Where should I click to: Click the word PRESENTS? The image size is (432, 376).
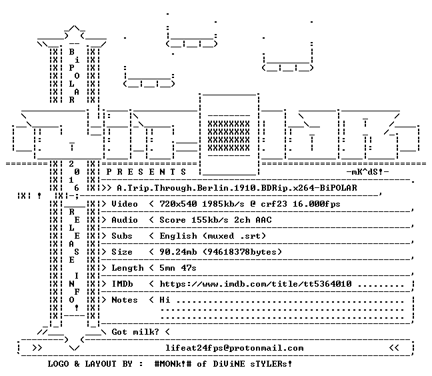146,172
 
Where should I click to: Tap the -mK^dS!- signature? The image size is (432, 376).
367,172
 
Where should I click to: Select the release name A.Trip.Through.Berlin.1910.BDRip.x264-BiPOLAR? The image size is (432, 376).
237,188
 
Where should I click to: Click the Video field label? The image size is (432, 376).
125,204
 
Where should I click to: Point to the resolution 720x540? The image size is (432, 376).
178,204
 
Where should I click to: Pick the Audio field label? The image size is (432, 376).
125,220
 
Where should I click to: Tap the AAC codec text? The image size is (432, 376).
263,220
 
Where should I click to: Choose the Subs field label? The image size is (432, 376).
122,236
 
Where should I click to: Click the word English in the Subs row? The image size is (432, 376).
178,237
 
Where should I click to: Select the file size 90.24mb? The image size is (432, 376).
178,252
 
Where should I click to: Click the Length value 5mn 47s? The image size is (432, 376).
178,268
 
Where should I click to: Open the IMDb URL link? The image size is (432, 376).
256,284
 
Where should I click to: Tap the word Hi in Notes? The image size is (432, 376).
165,300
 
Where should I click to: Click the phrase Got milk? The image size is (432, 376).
135,332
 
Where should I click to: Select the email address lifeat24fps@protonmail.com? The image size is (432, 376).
235,348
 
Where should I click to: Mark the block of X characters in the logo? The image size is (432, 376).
229,136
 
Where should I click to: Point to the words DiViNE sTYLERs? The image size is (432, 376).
253,364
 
